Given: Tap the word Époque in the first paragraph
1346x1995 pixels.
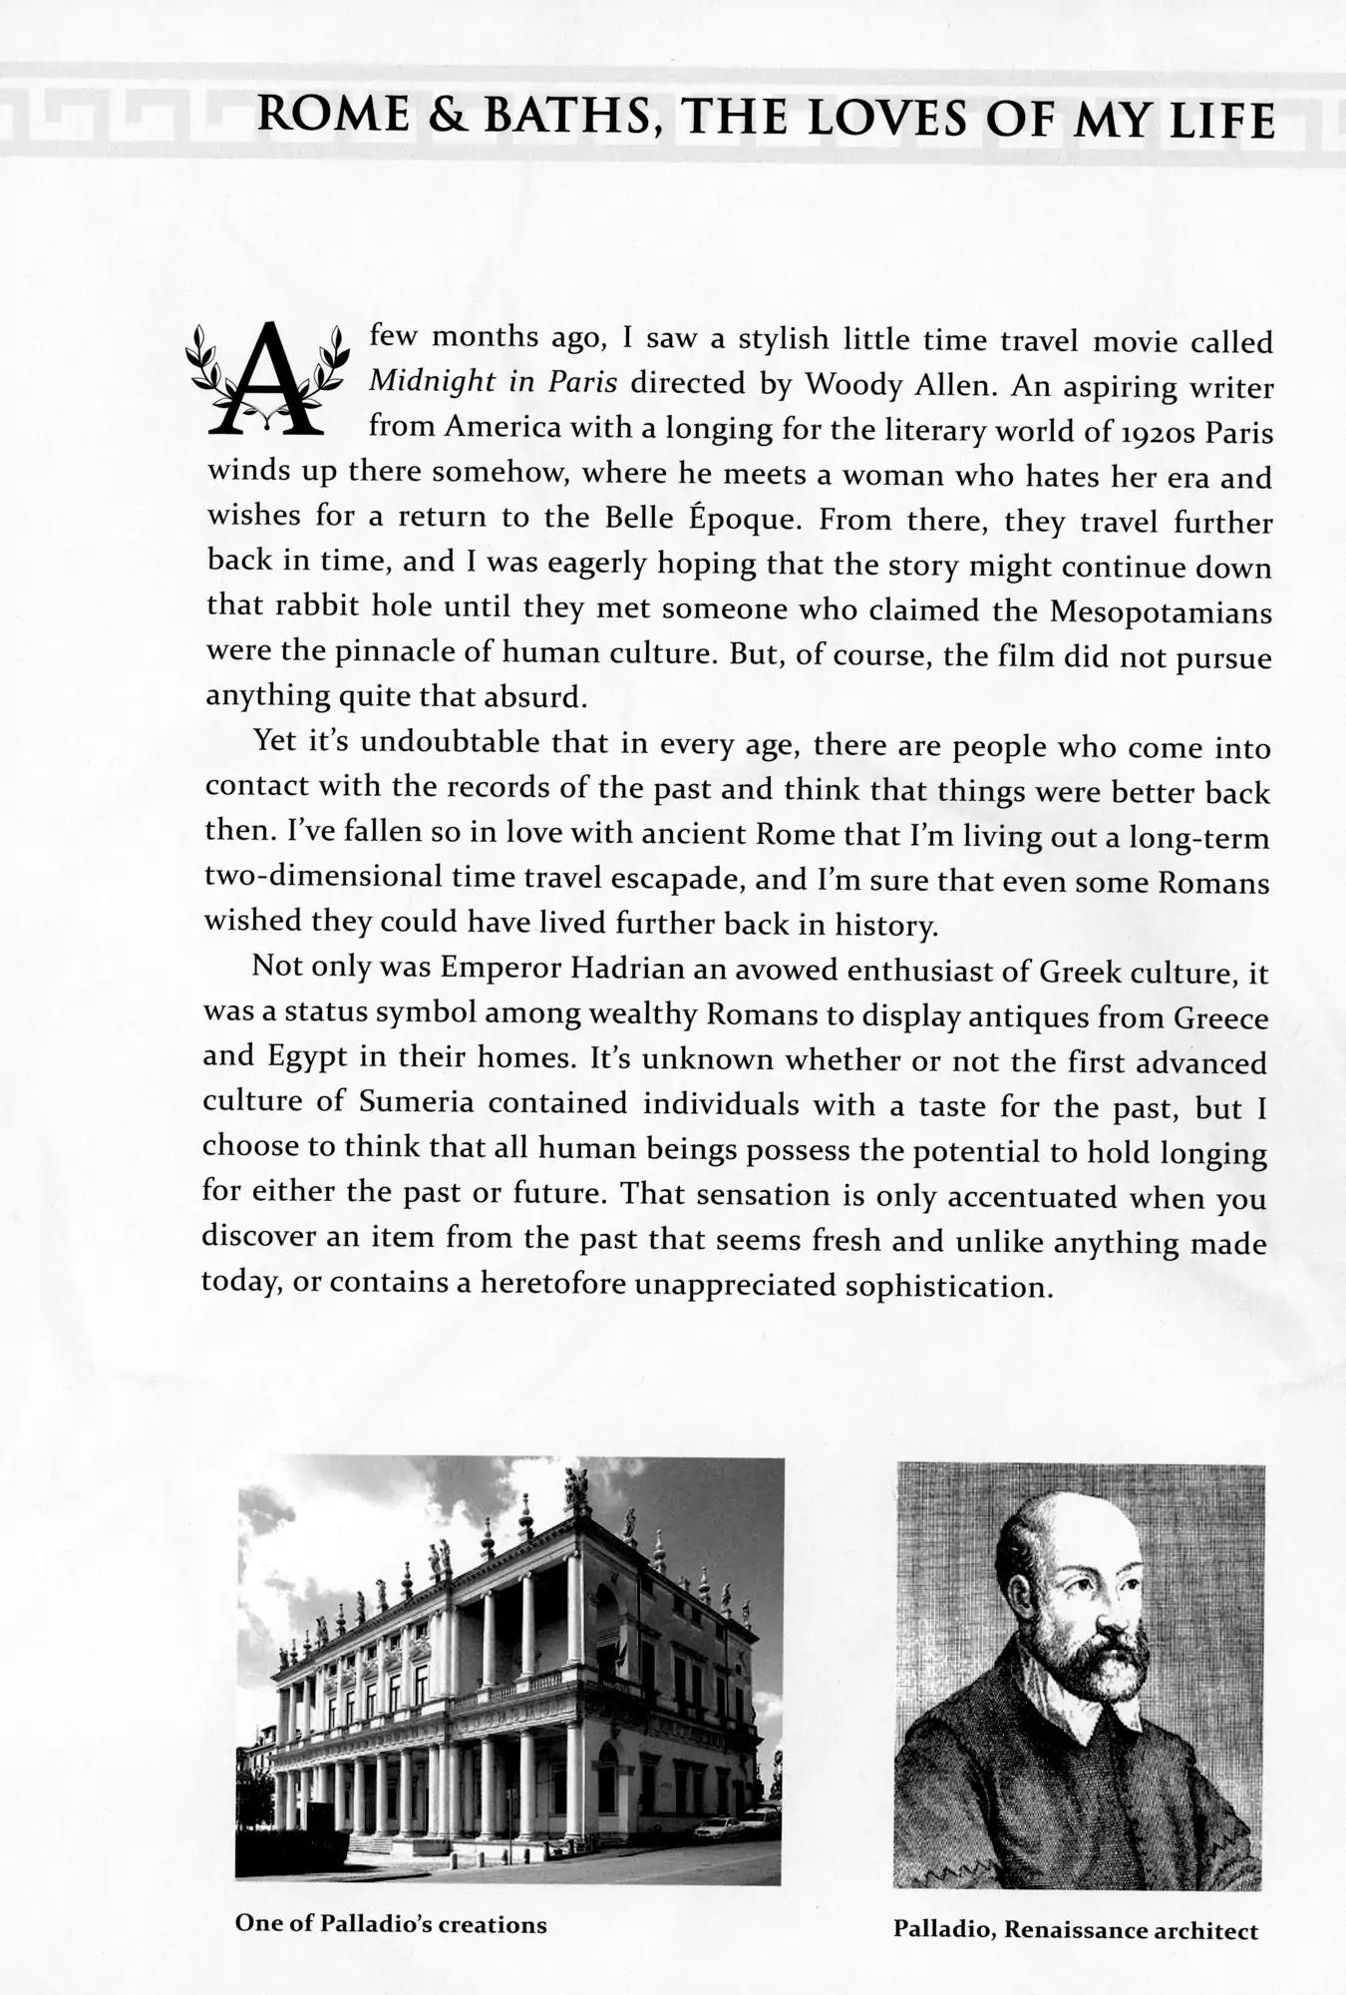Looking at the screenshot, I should pyautogui.click(x=722, y=520).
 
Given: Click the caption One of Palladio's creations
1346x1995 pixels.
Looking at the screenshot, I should pyautogui.click(x=391, y=1924).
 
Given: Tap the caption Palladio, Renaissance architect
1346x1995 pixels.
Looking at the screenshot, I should pyautogui.click(x=1076, y=1930).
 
